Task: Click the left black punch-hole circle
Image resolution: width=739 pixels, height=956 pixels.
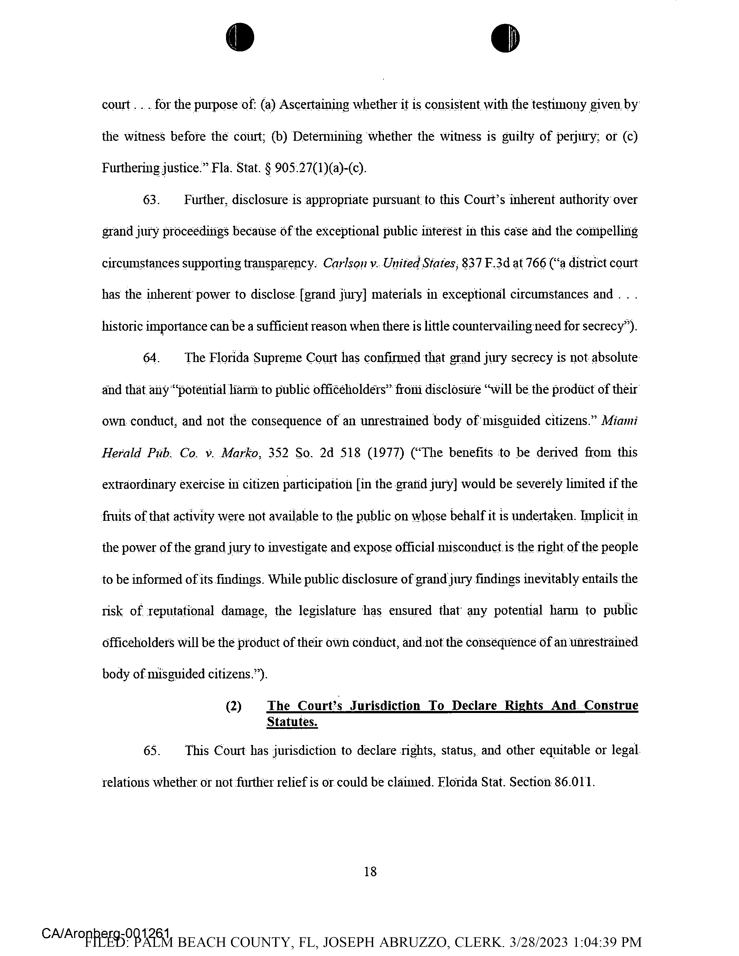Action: (x=240, y=37)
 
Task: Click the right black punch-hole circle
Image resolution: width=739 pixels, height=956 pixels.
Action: (x=505, y=38)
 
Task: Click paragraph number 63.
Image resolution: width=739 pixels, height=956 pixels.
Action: (x=151, y=200)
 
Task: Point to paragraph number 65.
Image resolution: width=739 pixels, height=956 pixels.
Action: (x=151, y=750)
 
